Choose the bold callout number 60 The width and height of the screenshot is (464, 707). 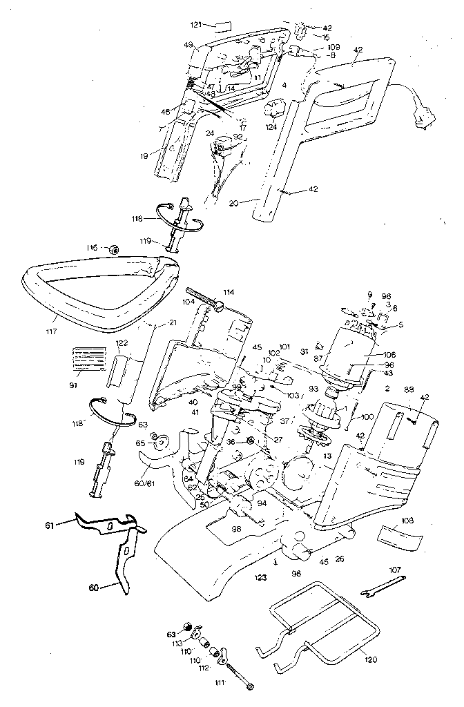[x=95, y=588]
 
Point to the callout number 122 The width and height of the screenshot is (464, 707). [x=122, y=342]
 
